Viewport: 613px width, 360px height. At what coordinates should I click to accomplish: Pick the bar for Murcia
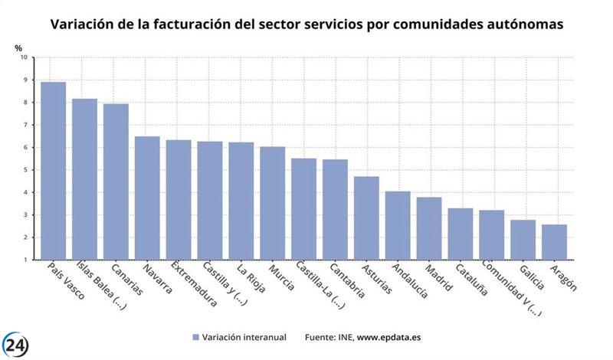click(x=272, y=203)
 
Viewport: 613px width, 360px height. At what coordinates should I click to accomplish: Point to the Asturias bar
click(x=366, y=218)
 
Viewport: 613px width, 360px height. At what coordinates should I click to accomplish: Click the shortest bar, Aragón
click(x=554, y=242)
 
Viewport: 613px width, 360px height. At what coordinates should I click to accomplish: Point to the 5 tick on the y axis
click(x=25, y=170)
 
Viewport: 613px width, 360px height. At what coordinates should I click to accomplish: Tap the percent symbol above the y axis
click(x=19, y=47)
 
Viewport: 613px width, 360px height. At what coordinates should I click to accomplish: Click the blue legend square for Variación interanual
click(x=196, y=337)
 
